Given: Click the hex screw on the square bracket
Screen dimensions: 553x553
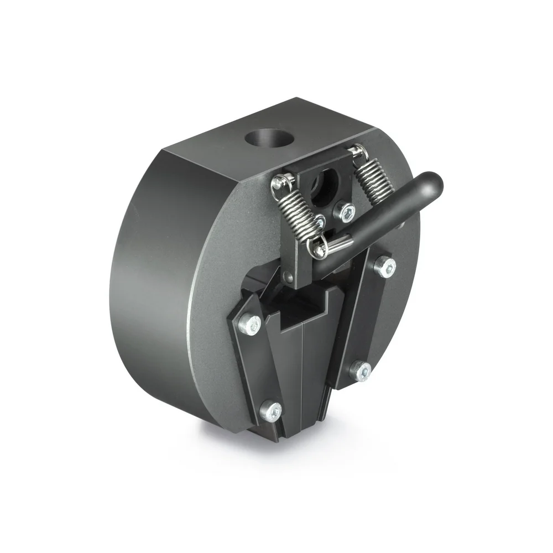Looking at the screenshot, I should (347, 211).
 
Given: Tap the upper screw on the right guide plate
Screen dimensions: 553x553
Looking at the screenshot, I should (385, 267).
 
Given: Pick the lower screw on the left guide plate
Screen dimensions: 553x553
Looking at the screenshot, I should (272, 410).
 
